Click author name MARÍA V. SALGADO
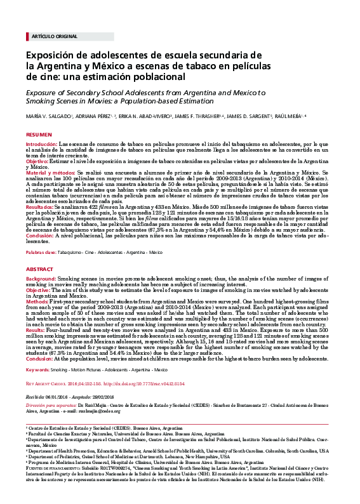click(49, 116)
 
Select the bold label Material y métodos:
click(50, 172)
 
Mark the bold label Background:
click(41, 278)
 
